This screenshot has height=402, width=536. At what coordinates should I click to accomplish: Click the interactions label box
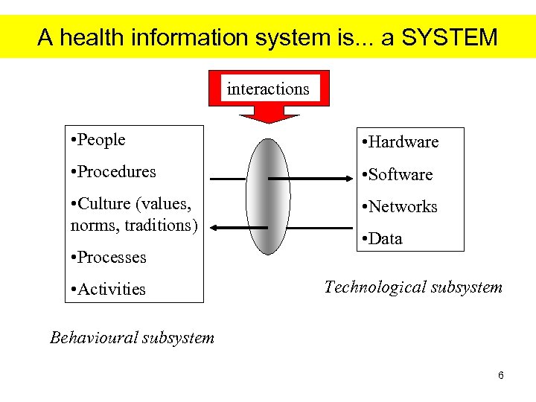268,89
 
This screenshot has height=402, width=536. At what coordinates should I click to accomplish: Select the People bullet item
101,140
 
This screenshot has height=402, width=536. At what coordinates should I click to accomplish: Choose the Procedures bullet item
116,172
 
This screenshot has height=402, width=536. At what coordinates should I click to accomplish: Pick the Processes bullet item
112,258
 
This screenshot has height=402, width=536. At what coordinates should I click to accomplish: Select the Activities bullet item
111,290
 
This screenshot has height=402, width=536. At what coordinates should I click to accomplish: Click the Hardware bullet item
403,142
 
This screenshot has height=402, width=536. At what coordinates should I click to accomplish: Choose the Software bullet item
400,175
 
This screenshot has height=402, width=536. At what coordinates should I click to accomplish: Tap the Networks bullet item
401,207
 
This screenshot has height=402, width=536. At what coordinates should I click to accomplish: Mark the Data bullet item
384,239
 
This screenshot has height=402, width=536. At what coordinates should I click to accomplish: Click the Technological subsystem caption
413,287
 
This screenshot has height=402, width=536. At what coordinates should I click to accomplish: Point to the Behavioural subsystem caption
133,338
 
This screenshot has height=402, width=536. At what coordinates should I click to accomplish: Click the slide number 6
501,375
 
